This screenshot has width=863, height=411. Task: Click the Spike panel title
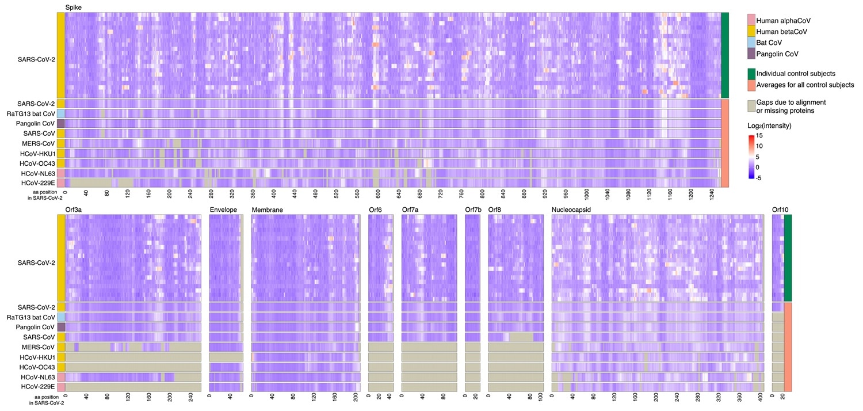73,6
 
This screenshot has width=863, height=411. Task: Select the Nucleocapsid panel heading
572,210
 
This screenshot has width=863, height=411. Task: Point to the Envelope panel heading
223,210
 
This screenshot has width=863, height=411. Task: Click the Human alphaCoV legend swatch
750,20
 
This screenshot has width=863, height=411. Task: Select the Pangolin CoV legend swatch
750,54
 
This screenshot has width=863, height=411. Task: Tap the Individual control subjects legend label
804,74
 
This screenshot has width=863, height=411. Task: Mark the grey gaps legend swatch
750,105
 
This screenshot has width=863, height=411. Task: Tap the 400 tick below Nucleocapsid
761,398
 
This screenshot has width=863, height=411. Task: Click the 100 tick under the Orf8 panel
540,398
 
